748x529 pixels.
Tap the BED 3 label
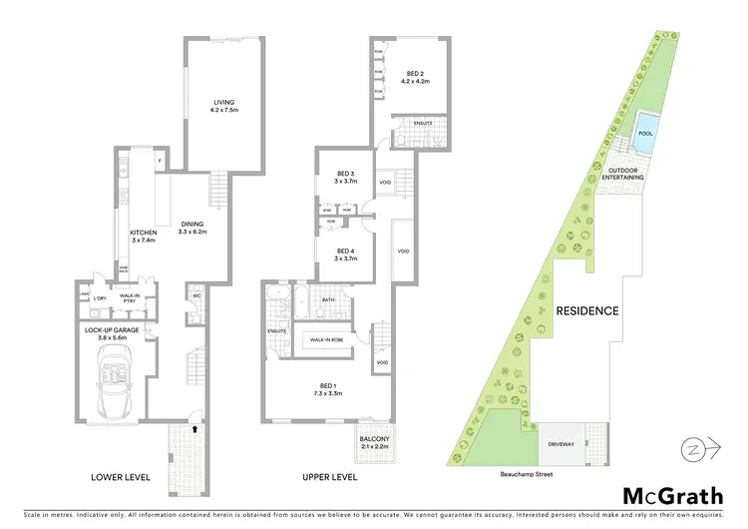click(x=344, y=178)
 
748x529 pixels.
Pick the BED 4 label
click(x=344, y=254)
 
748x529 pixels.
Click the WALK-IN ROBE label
click(x=327, y=340)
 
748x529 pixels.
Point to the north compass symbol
click(x=697, y=450)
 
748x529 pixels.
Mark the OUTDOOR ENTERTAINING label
click(x=625, y=174)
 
